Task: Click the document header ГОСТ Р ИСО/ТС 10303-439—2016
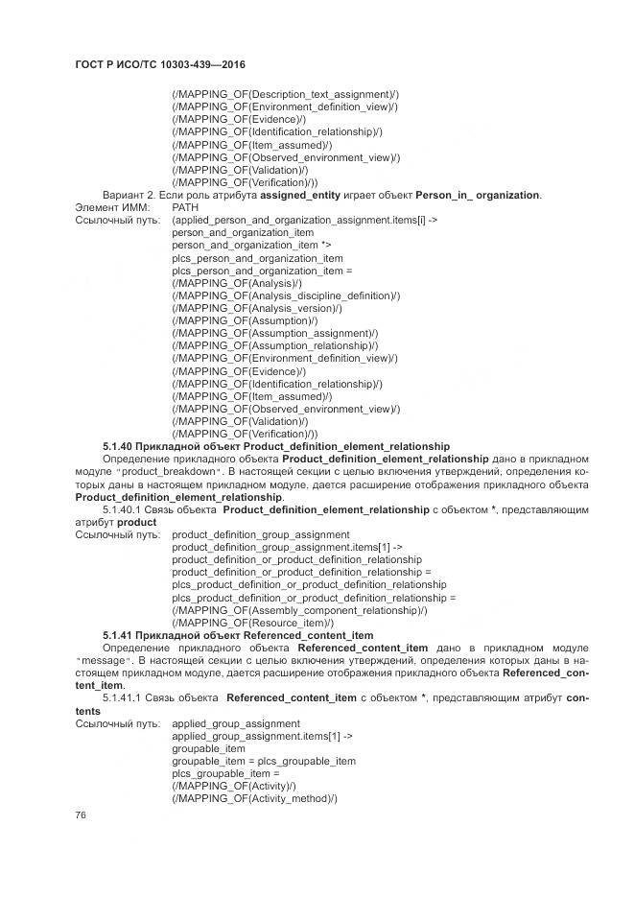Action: pos(159,64)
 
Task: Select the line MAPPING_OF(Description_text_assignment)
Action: pos(286,95)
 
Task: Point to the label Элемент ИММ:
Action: pos(109,207)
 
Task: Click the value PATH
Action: pos(185,207)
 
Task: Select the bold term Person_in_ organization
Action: pos(478,195)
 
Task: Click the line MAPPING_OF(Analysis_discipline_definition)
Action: pos(286,295)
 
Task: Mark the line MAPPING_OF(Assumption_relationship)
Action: pos(274,345)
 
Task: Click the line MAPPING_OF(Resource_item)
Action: pos(251,622)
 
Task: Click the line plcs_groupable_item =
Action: pos(225,772)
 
